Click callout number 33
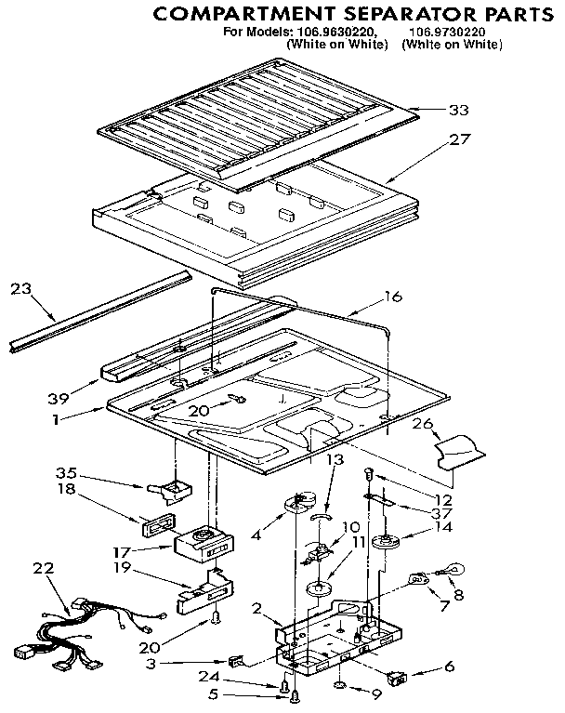(458, 110)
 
